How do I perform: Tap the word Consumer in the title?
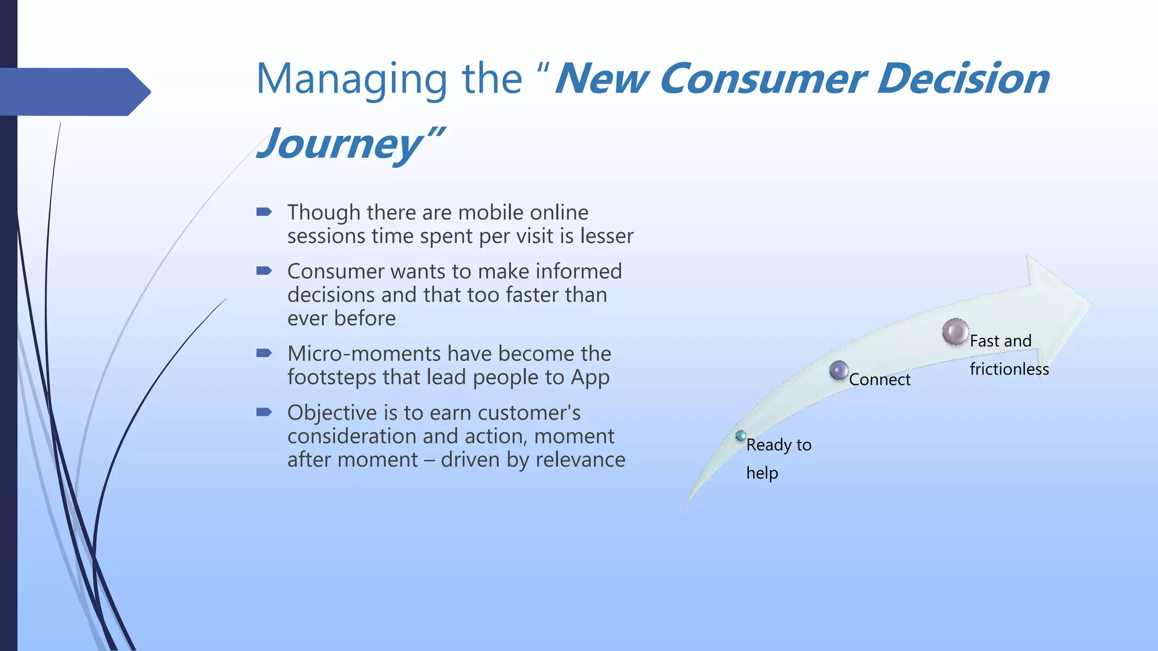[761, 79]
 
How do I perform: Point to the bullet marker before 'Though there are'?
[264, 212]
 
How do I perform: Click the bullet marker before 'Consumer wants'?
[264, 271]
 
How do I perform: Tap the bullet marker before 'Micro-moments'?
[264, 353]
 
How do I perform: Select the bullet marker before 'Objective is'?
[264, 412]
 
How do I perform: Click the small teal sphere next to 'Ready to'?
[741, 436]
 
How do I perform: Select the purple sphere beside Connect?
[839, 371]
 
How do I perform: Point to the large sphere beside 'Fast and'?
[956, 332]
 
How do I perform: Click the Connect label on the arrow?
[879, 380]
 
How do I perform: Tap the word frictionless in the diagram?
[1009, 370]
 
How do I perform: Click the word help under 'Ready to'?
[762, 473]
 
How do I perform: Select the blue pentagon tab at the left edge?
[74, 92]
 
